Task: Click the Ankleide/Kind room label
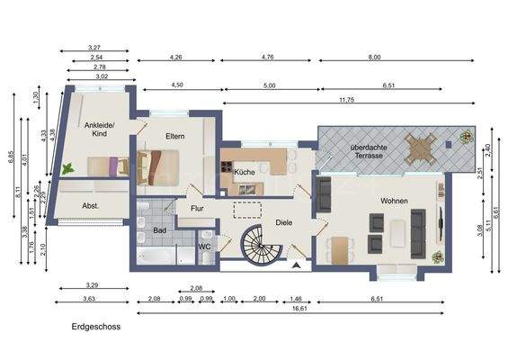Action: tap(96, 129)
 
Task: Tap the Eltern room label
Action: tap(175, 136)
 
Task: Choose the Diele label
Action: tap(284, 220)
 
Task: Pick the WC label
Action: tap(204, 246)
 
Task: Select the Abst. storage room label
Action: tap(90, 204)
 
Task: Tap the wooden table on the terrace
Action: tap(420, 147)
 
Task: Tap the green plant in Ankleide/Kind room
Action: tap(68, 167)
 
